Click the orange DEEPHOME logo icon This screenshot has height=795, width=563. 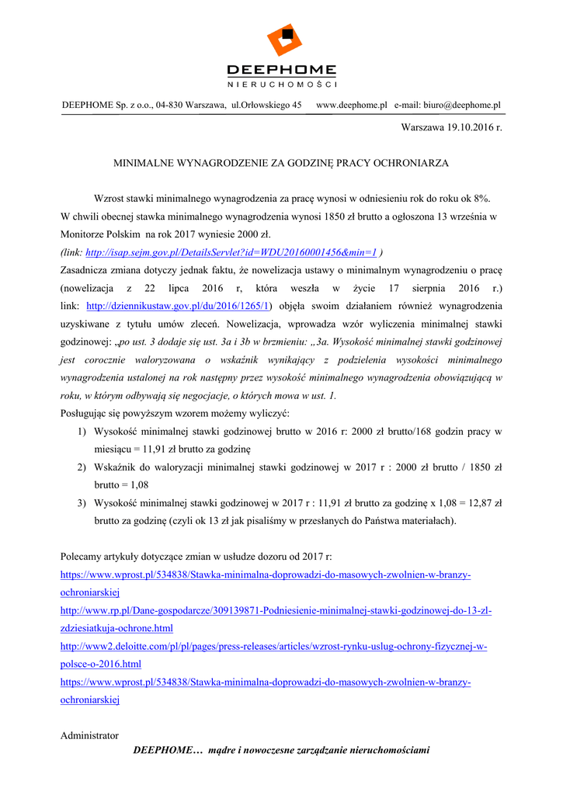[281, 40]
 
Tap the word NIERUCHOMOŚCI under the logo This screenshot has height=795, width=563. [281, 84]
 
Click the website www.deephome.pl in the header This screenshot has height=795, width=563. [352, 105]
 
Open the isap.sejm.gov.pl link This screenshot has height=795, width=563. [231, 252]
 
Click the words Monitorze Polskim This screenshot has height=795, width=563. [100, 234]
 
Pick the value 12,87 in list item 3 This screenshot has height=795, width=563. [480, 503]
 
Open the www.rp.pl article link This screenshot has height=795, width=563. [276, 610]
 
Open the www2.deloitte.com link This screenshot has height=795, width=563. [273, 646]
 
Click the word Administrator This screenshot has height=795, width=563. [89, 735]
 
